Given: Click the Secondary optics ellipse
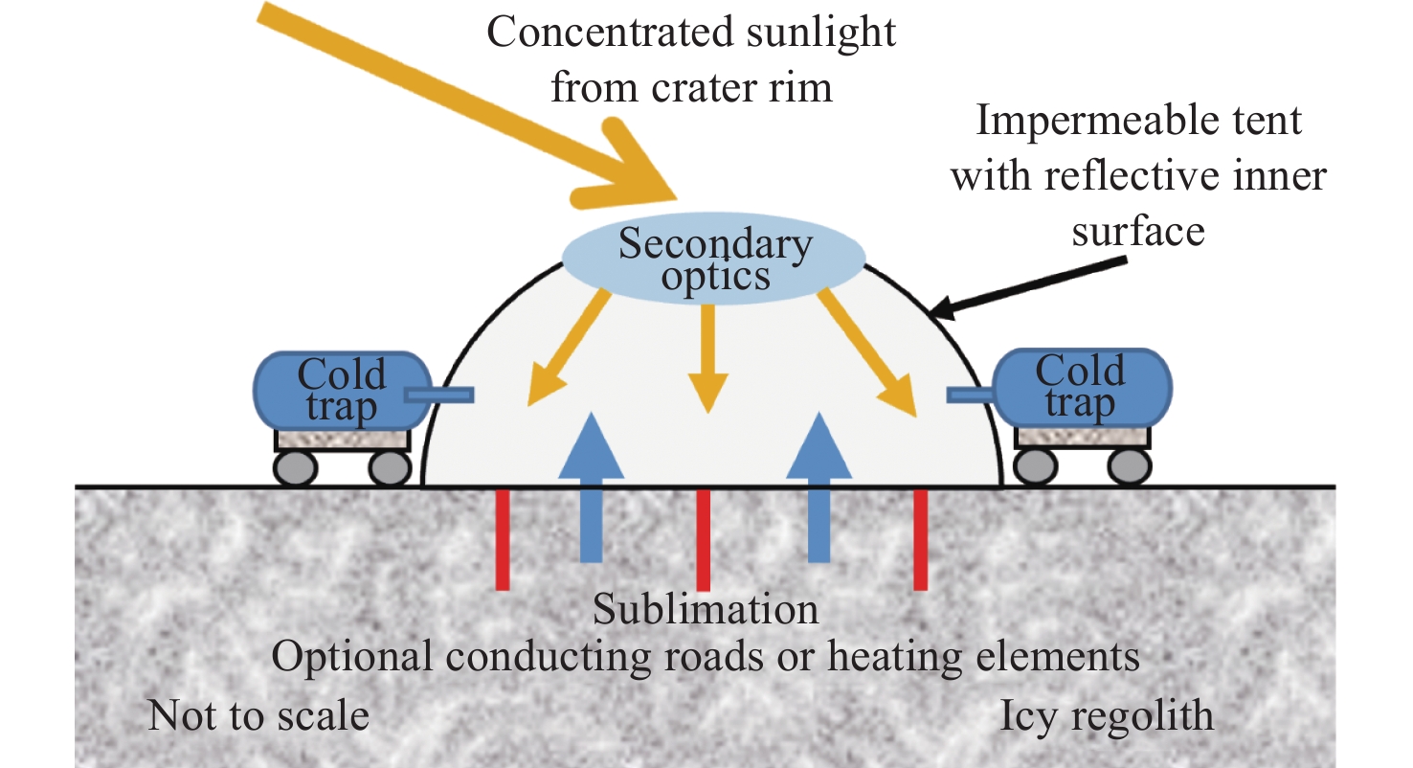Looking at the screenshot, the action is (713, 260).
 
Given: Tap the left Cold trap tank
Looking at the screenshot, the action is (343, 391).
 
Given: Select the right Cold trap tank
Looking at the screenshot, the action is (1083, 388).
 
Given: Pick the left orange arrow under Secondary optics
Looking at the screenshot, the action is (568, 348).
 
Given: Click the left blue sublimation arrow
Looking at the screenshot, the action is (591, 487).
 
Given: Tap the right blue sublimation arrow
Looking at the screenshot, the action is (819, 487).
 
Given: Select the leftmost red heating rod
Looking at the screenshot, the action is (503, 540).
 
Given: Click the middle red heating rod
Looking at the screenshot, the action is (704, 540).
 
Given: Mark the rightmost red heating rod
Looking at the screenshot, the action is (920, 540).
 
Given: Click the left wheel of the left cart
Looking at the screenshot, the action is (295, 468).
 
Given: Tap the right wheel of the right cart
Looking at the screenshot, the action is (1130, 467).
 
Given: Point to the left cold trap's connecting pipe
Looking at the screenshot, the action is (439, 395).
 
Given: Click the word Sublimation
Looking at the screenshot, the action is (706, 610).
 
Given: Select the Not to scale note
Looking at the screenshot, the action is (258, 715).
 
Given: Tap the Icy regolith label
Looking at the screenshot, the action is (1107, 717).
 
